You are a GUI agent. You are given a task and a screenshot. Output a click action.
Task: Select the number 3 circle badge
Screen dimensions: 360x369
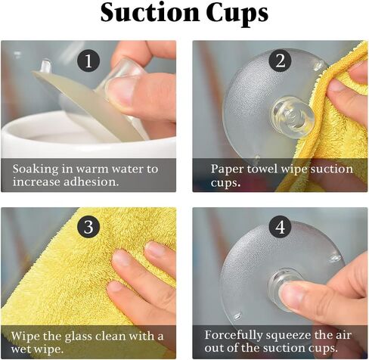pos(88,226)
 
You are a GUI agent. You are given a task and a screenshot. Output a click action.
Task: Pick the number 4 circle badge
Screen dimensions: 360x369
pos(279,226)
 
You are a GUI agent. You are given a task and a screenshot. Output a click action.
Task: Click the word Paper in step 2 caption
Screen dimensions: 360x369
pos(225,169)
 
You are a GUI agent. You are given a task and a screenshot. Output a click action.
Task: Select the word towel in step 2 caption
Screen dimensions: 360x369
pos(259,169)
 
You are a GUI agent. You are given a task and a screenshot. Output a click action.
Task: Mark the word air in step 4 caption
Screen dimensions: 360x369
pos(343,334)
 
